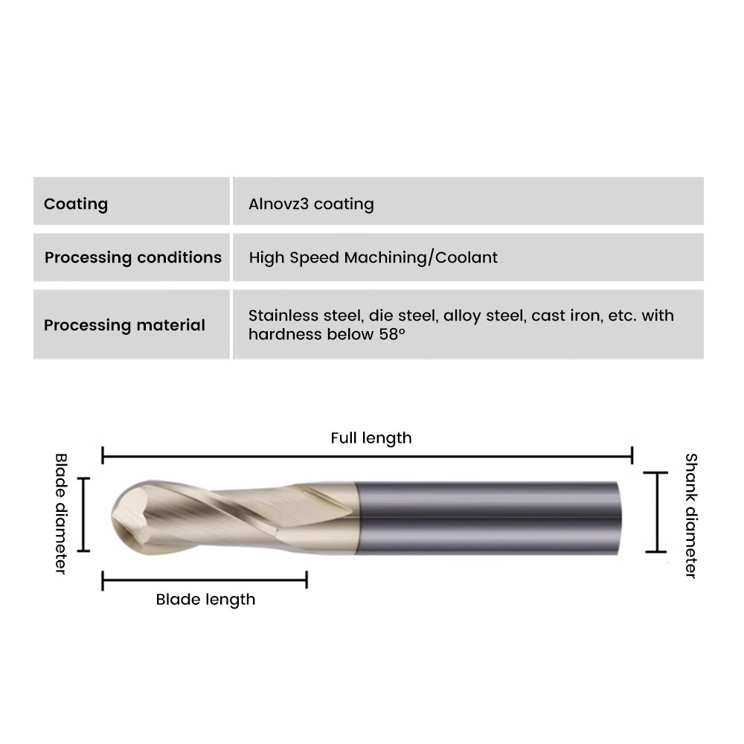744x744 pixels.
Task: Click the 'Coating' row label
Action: click(76, 204)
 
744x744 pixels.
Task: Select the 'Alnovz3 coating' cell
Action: click(311, 204)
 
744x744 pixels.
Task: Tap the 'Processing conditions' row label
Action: click(133, 257)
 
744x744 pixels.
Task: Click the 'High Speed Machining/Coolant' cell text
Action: click(373, 257)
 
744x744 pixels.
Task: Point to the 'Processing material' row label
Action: click(125, 325)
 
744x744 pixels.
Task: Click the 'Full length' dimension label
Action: click(371, 438)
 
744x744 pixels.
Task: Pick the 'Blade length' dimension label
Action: click(205, 599)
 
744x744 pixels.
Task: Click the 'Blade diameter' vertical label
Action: click(61, 514)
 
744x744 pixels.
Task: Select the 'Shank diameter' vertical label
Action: click(691, 516)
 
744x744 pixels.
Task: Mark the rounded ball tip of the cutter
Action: click(124, 516)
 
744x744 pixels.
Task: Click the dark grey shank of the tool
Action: click(488, 518)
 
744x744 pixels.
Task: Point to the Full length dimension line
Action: click(368, 457)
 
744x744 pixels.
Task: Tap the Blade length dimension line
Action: click(205, 580)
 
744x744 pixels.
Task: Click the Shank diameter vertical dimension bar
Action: click(657, 513)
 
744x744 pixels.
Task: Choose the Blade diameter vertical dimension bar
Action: click(83, 515)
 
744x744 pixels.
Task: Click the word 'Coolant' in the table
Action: click(466, 257)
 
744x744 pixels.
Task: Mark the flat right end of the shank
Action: click(620, 518)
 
